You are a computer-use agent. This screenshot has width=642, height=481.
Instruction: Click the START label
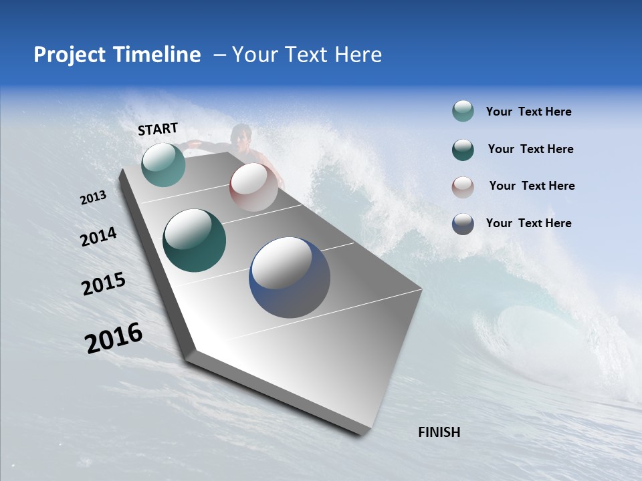[x=158, y=129]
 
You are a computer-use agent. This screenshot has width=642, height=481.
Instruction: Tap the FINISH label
[x=439, y=432]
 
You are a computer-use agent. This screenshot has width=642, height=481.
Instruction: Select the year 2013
[x=94, y=198]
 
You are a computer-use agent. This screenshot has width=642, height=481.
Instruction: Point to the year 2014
[x=98, y=237]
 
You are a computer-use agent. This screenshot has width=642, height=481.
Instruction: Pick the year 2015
[x=104, y=284]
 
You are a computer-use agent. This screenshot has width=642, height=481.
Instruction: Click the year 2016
[x=114, y=337]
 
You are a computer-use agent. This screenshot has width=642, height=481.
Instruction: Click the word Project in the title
[x=70, y=55]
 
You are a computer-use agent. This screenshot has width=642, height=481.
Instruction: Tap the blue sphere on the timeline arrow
[x=290, y=277]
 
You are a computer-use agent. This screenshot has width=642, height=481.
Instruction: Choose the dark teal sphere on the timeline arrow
[x=194, y=240]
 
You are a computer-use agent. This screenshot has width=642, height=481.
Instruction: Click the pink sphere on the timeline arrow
[x=253, y=187]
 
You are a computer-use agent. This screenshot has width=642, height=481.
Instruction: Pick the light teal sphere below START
[x=163, y=164]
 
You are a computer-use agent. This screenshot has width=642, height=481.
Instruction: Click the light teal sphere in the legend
[x=463, y=112]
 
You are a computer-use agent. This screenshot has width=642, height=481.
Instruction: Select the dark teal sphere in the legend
[x=463, y=150]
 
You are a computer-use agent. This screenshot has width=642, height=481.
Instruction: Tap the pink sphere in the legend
[x=463, y=187]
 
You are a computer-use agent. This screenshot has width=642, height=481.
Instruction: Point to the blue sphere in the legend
[x=463, y=224]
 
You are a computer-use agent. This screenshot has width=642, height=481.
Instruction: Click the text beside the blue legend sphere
[x=528, y=223]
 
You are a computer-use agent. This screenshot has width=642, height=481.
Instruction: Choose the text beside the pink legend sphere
[x=532, y=186]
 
